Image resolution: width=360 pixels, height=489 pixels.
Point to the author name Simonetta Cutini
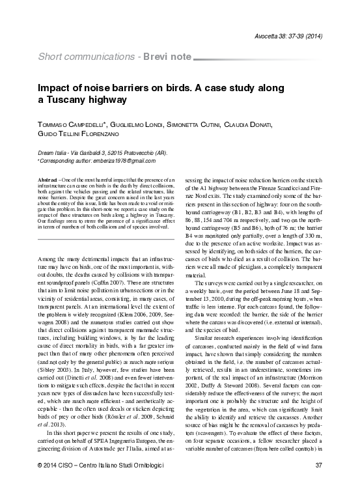coord(210,124)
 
